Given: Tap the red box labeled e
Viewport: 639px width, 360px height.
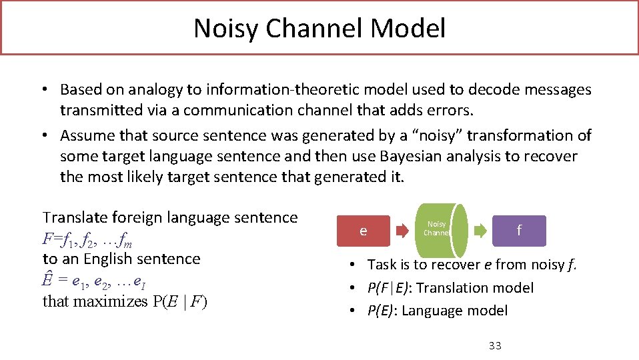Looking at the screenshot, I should point(363,231).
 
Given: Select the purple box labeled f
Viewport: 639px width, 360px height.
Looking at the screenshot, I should point(519,231).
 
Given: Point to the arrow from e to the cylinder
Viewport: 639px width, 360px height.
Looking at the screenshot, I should point(403,231).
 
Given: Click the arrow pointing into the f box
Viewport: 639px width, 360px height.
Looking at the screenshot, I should point(480,231).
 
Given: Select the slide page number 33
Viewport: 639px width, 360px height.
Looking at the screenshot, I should point(495,345).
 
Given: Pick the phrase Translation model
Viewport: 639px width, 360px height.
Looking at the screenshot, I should point(474,288).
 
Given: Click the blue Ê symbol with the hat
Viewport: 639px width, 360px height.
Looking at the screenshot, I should point(47,279).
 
